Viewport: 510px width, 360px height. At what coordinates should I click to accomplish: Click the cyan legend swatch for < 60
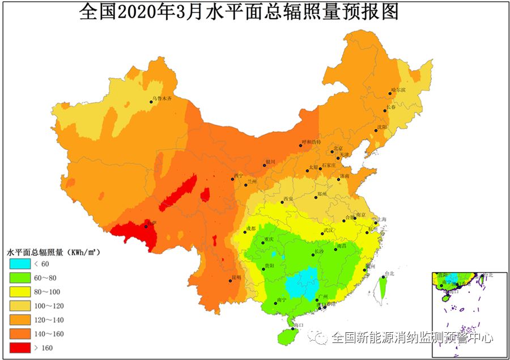tap(20, 264)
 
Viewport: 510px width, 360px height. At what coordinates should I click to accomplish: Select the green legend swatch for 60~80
tap(20, 278)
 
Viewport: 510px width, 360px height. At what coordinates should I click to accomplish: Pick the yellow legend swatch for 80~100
tap(20, 292)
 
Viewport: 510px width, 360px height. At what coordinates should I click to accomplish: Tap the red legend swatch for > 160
tap(20, 348)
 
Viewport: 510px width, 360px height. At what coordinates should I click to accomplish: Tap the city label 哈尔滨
tap(398, 91)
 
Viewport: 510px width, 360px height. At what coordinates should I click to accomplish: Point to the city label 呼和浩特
tap(311, 142)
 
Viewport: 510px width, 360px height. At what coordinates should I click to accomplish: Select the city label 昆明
tap(236, 277)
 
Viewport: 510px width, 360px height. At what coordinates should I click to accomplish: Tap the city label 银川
tap(270, 162)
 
